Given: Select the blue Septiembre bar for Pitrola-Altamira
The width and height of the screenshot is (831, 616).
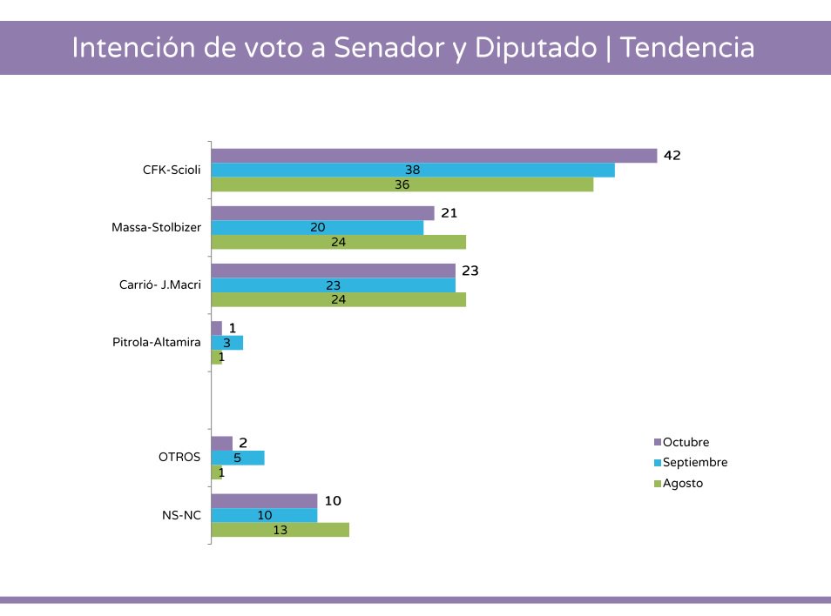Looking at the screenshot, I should pyautogui.click(x=227, y=343).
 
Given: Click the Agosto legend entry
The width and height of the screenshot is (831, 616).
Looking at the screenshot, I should pyautogui.click(x=682, y=483).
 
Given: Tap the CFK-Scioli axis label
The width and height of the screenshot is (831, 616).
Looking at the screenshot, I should pyautogui.click(x=172, y=170).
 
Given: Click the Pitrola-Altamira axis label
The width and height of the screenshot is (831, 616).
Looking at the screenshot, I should pyautogui.click(x=157, y=342).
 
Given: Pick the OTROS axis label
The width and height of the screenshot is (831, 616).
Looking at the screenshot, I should pyautogui.click(x=179, y=457).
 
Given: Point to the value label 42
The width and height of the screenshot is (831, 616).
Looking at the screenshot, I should pyautogui.click(x=672, y=156).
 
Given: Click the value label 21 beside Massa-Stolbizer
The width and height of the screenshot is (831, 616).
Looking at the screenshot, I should pyautogui.click(x=449, y=213).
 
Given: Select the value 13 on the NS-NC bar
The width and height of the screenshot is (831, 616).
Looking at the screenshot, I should pyautogui.click(x=280, y=529).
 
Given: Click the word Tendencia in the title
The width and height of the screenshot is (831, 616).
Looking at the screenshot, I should pyautogui.click(x=687, y=48).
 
